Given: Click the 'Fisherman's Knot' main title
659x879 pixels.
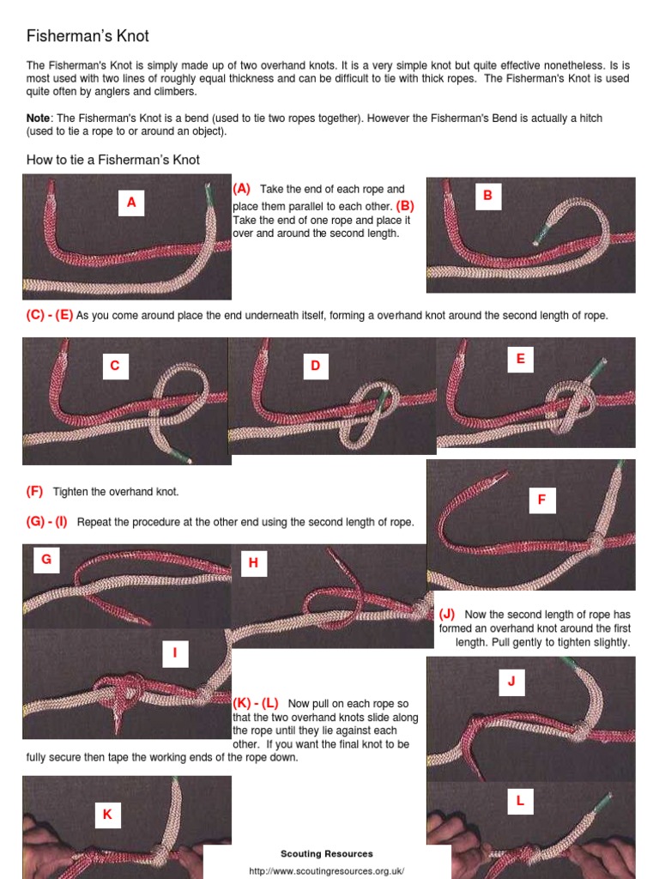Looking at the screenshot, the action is coord(88,36).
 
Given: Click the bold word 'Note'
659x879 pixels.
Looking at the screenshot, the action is coord(38,118).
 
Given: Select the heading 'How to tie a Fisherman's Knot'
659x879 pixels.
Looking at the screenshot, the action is coord(112,160).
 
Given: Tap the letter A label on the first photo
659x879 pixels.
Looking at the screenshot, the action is coord(131,203).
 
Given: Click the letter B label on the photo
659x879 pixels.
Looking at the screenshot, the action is coord(488,196).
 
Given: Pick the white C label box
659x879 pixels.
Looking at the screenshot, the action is coord(116,366).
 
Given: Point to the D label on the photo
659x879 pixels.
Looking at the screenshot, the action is coord(316,366).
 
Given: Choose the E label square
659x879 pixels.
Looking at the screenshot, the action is coord(521,360).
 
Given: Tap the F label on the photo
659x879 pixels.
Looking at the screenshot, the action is coord(542,500).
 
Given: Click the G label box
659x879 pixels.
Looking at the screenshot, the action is coord(46,560).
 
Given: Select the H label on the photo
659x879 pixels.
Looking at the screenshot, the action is coord(253,563).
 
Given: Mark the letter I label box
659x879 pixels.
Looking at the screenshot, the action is coord(175,653).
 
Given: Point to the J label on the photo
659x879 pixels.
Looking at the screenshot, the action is coord(511,682).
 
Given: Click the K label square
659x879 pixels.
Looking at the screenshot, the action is coord(107,815).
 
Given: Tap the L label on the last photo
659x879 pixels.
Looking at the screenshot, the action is coord(521,801).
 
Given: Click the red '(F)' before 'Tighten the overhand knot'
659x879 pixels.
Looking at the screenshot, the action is coord(34,492).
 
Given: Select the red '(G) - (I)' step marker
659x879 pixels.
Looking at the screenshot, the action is coord(46,522).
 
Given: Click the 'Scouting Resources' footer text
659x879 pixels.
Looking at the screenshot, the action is coord(327,854).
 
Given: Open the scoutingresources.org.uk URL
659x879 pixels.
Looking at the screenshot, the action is coord(327,871).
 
